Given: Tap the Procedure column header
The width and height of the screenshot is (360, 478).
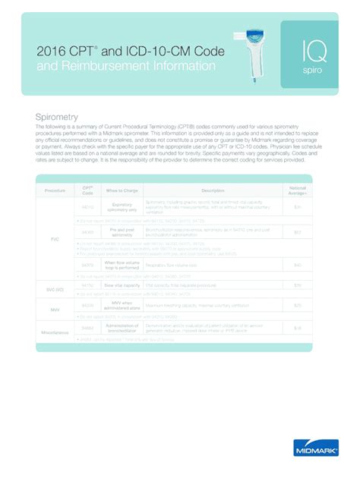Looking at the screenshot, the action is tap(55, 190).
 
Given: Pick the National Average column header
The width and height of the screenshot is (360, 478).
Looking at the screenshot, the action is tap(298, 190).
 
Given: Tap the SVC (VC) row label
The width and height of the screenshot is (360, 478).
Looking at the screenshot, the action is tap(55, 289).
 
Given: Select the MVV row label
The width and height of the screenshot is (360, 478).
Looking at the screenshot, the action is tap(55, 309).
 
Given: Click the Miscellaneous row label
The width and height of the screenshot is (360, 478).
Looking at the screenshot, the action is tap(55, 332).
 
